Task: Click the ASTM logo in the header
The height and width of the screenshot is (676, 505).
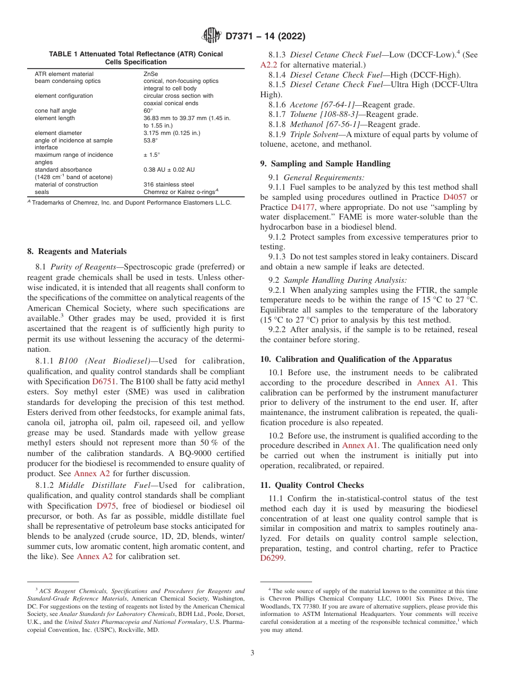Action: point(212,36)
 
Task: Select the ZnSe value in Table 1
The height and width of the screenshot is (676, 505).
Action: point(150,74)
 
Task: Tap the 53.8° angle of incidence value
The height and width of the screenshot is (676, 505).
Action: point(151,140)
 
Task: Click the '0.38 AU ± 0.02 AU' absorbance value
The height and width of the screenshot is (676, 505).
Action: point(169,170)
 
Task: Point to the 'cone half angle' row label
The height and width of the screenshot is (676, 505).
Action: point(55,111)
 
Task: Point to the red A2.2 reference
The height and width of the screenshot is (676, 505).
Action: point(269,65)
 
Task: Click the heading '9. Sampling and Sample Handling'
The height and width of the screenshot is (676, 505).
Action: point(325,164)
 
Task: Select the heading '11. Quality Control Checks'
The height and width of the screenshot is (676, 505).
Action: point(312,485)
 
